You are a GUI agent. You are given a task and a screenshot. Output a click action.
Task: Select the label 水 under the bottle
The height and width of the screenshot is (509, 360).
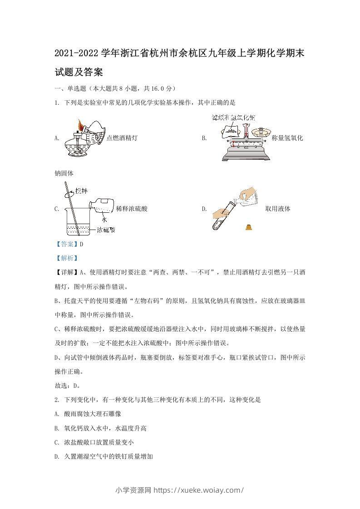coord(104,219)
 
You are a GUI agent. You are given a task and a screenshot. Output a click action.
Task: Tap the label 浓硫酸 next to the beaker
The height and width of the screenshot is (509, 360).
coord(106,230)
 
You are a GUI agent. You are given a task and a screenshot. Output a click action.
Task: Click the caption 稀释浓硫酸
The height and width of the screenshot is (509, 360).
coord(132,209)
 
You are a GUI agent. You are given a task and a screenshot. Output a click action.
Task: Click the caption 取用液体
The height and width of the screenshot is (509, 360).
coord(278,209)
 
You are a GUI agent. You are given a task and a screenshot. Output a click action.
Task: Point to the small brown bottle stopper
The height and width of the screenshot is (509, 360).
coord(249,227)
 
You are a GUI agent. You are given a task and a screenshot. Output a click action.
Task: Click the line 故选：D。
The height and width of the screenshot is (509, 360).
coord(67,386)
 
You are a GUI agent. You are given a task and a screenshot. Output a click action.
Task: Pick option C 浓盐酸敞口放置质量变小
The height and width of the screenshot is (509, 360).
coord(94,442)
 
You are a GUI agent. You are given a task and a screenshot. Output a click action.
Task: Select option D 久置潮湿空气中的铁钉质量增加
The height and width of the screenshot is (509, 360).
coord(103,456)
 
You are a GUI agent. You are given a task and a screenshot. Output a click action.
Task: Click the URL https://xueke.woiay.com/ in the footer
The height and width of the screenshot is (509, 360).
coord(199,490)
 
